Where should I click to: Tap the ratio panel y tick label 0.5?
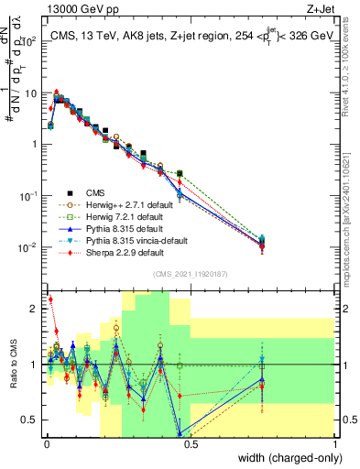coord(30,420)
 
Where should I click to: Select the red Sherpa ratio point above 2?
coord(49,300)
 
